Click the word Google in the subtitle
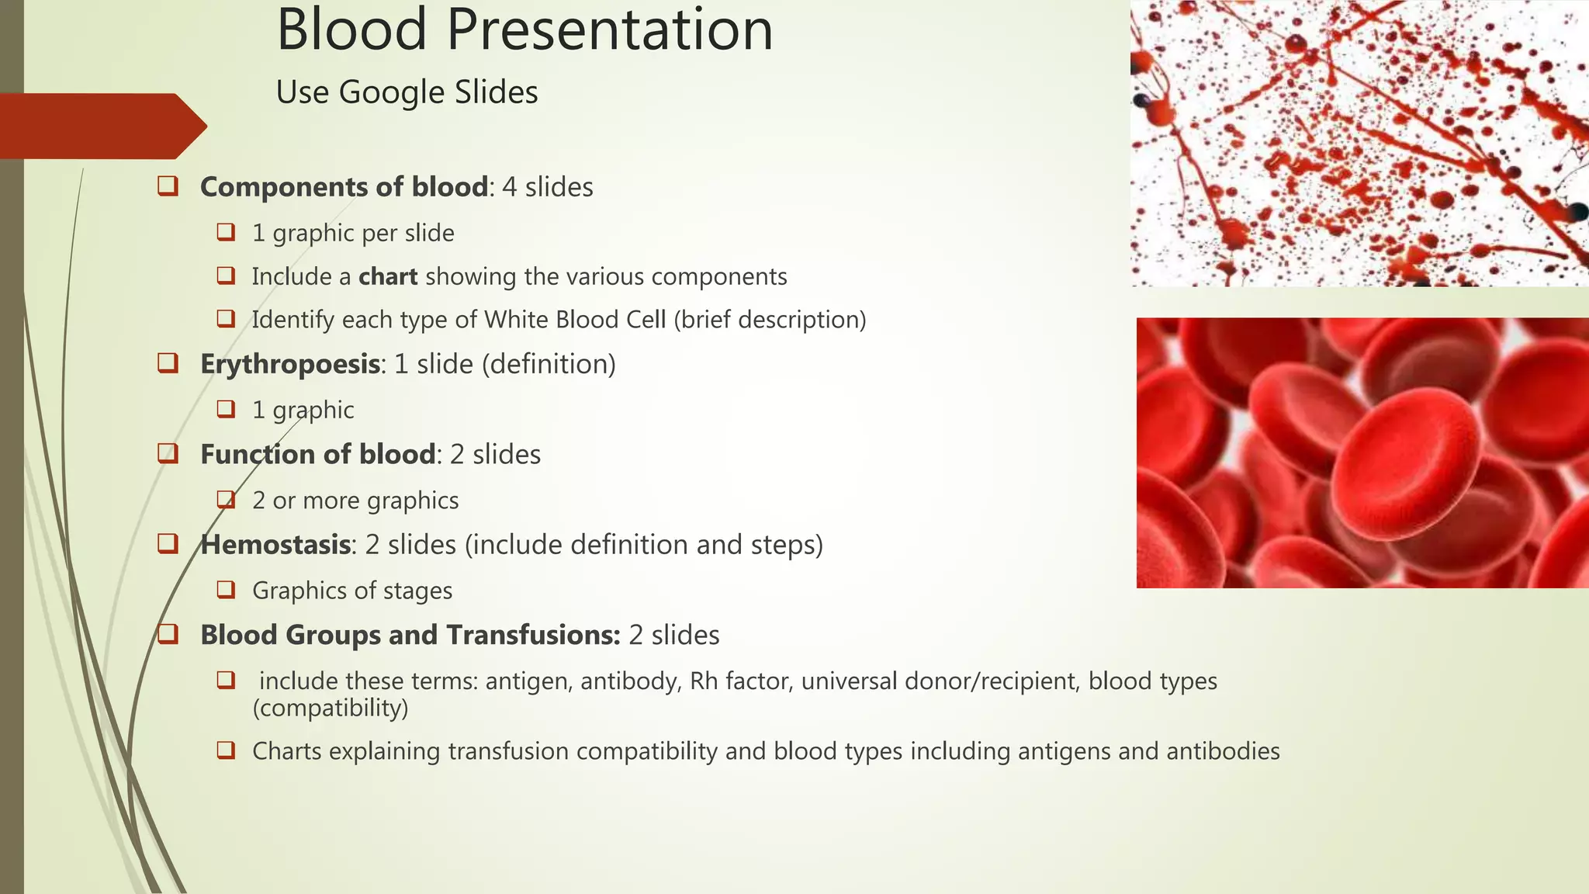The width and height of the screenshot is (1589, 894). pos(392,92)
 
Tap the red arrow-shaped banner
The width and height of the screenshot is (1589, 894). pos(101,126)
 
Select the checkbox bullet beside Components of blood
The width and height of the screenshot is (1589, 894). pos(168,186)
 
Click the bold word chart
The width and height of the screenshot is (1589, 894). pos(388,276)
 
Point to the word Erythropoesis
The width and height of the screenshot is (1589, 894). pos(290,364)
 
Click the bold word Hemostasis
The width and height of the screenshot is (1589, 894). pos(275,545)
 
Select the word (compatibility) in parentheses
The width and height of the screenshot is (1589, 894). pos(331,708)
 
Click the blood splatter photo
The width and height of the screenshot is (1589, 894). pos(1358,144)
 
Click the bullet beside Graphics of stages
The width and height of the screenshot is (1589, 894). pos(226,590)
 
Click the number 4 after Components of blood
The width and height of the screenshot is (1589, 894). pos(509,187)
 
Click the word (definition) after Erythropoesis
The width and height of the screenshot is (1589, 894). pos(549,364)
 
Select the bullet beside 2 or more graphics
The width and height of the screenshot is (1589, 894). pos(226,500)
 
